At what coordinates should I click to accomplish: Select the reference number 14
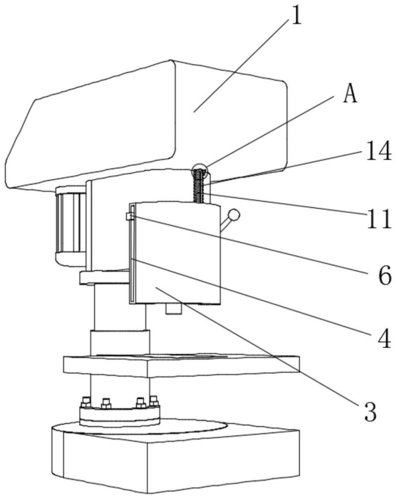tap(378, 151)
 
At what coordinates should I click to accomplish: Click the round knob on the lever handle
tap(234, 215)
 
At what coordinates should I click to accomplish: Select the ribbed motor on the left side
tap(71, 225)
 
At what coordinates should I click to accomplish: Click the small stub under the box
tap(174, 308)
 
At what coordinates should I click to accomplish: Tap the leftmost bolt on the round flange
tap(86, 402)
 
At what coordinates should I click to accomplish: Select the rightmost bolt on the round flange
tap(154, 401)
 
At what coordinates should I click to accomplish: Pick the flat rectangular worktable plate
tap(182, 365)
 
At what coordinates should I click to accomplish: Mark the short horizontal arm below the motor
tap(104, 277)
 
